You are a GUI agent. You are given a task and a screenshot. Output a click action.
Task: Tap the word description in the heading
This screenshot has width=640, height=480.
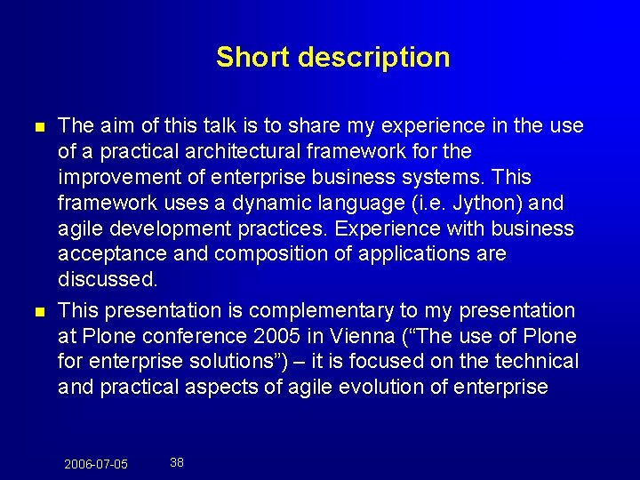373,58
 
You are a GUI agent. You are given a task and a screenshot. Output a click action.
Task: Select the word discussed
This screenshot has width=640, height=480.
108,280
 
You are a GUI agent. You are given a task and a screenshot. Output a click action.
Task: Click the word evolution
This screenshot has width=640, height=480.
399,388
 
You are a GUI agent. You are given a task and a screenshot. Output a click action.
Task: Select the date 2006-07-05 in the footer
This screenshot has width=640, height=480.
96,464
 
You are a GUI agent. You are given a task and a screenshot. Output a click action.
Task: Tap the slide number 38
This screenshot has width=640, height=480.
177,462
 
